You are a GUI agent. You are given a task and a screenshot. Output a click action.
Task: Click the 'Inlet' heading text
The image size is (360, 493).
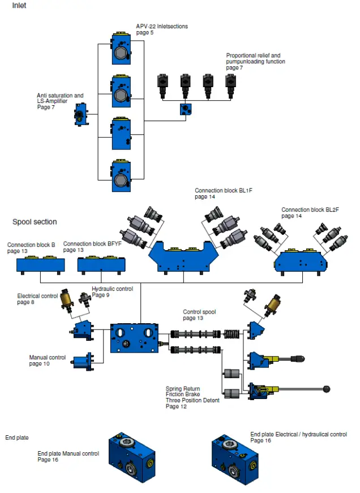point(19,5)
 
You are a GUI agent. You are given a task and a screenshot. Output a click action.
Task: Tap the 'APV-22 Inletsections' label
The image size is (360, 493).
point(162,27)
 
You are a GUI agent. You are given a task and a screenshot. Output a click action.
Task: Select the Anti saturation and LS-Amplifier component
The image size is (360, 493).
point(81,114)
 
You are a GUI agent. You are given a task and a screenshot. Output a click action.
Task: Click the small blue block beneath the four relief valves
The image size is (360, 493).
point(186,109)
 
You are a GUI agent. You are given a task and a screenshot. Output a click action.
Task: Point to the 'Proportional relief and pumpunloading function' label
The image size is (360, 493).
point(256,58)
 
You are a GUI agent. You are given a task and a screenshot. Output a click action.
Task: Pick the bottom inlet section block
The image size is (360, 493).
point(121,176)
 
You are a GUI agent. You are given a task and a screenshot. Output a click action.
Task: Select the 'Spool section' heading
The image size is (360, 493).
point(35,222)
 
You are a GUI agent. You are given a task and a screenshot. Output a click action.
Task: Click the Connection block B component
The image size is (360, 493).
point(41,265)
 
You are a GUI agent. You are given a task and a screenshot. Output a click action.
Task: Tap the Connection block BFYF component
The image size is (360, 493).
point(101,265)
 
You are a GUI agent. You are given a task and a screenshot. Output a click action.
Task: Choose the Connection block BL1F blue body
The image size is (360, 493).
point(183,257)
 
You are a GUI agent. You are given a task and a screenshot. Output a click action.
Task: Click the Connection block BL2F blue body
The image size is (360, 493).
point(301,261)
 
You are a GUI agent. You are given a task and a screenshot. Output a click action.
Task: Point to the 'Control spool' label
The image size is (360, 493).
point(199,312)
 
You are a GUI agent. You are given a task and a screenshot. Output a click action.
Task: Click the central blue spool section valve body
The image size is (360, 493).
point(134,338)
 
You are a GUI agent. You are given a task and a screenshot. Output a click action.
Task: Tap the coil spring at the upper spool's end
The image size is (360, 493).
point(232,333)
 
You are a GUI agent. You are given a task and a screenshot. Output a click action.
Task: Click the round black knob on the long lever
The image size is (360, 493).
point(327,389)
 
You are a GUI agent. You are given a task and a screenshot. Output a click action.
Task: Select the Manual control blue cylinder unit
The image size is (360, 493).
point(83,362)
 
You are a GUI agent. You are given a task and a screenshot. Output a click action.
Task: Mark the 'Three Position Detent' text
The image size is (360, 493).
point(192,401)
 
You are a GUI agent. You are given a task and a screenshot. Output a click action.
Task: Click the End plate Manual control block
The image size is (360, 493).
point(132,457)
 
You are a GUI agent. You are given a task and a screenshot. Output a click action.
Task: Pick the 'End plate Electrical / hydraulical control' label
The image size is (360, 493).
point(298,435)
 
